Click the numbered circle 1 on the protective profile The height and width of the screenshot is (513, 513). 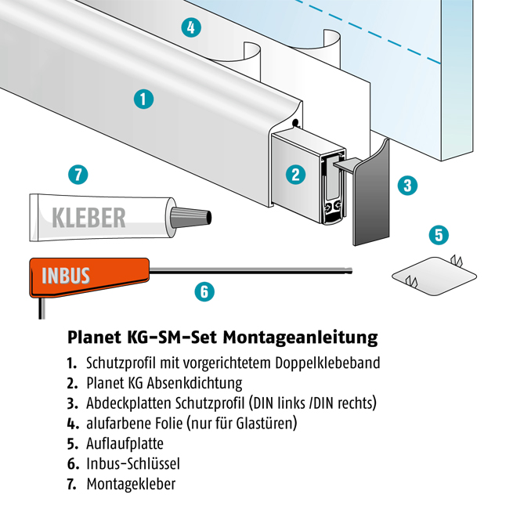tap(143, 99)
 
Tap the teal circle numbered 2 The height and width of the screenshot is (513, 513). tap(295, 175)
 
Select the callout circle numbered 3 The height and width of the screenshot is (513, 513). tap(407, 186)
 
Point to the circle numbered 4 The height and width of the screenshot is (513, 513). tap(191, 27)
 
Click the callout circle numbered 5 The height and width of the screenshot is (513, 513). tap(439, 235)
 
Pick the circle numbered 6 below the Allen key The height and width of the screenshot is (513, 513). tap(204, 291)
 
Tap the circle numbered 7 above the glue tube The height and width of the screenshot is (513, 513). tap(78, 175)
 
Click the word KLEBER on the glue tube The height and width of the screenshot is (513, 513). tap(89, 218)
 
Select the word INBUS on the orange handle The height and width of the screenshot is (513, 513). tap(66, 276)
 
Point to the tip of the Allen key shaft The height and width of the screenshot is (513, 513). tap(352, 270)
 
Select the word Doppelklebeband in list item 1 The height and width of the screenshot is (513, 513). tap(327, 363)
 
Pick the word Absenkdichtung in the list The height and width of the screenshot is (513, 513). tap(195, 383)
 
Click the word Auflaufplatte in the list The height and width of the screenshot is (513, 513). tap(125, 443)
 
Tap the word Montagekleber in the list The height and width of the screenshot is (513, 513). tap(131, 484)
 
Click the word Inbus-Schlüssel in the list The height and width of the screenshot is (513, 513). tap(133, 464)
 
